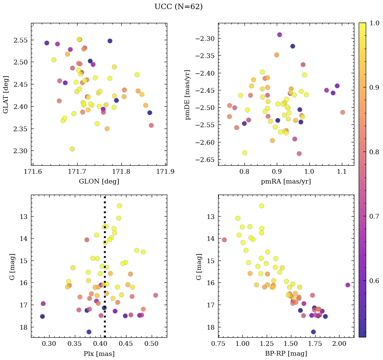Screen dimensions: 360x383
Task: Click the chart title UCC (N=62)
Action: tap(178, 7)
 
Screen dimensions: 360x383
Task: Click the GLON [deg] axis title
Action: tap(99, 182)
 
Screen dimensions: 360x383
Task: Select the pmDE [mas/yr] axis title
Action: tap(188, 95)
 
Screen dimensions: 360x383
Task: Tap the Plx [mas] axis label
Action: tap(99, 354)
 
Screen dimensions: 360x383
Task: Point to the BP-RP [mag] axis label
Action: tap(286, 354)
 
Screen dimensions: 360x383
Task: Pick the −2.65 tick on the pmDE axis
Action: tap(204, 160)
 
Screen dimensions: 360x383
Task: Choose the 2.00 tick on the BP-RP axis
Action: tap(339, 345)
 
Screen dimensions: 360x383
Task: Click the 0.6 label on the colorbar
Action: tap(373, 281)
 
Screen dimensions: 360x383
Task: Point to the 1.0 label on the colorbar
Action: tap(373, 23)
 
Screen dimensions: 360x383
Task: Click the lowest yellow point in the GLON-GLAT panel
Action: tap(72, 149)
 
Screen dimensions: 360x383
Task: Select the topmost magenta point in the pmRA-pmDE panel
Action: tap(279, 35)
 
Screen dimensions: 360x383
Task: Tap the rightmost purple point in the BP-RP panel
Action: tap(348, 285)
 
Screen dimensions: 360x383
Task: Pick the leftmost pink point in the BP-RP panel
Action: tap(224, 240)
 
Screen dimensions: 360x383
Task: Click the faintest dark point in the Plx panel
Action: tap(89, 332)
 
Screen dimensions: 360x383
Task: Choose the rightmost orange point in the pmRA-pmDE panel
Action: tap(343, 112)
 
